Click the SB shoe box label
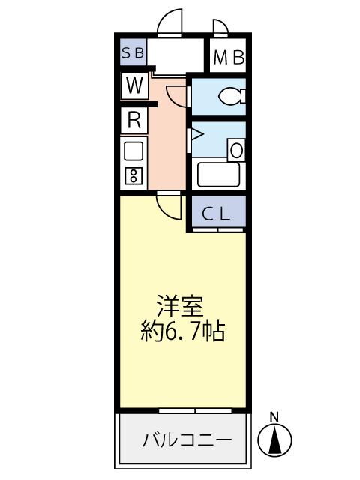135,54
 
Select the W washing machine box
134,85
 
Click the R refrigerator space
134,119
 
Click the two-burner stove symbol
133,177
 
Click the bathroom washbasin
236,150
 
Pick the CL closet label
217,214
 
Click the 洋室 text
179,306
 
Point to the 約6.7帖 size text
182,331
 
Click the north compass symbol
274,441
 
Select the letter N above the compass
274,416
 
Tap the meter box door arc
220,28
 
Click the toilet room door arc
176,96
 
